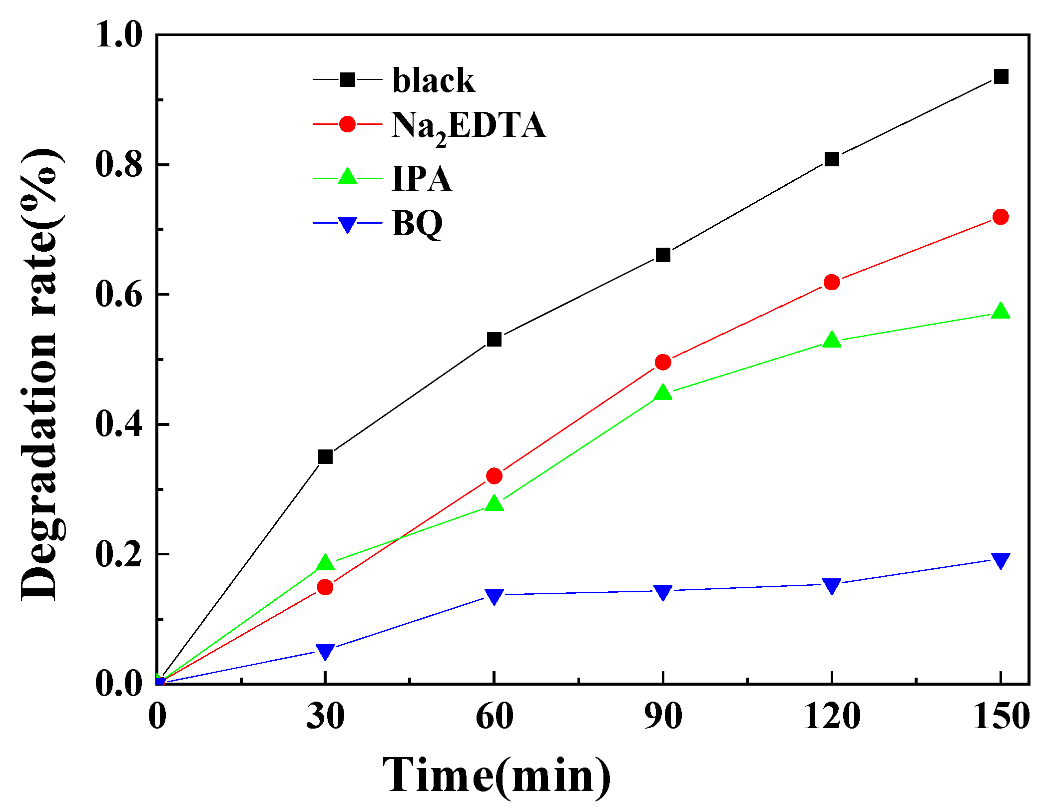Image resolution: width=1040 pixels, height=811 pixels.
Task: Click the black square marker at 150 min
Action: pyautogui.click(x=1001, y=77)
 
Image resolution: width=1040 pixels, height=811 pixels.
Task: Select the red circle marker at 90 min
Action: pyautogui.click(x=662, y=362)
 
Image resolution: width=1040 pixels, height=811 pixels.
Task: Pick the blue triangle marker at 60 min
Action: pyautogui.click(x=494, y=596)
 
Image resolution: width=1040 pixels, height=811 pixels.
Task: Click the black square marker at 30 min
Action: pyautogui.click(x=325, y=456)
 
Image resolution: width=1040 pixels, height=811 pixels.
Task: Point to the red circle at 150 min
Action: pyautogui.click(x=1001, y=217)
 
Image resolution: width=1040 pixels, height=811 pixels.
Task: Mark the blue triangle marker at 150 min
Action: pyautogui.click(x=1001, y=560)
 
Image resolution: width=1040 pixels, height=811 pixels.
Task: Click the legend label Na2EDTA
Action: pyautogui.click(x=468, y=126)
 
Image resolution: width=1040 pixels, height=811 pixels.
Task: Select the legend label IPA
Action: pyautogui.click(x=422, y=179)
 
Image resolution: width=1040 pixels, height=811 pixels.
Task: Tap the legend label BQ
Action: pyautogui.click(x=417, y=224)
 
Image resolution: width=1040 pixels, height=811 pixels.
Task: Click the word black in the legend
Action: pyautogui.click(x=433, y=80)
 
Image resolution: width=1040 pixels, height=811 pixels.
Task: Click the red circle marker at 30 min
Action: pyautogui.click(x=325, y=587)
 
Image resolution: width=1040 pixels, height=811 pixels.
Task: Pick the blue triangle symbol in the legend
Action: pyautogui.click(x=347, y=224)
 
